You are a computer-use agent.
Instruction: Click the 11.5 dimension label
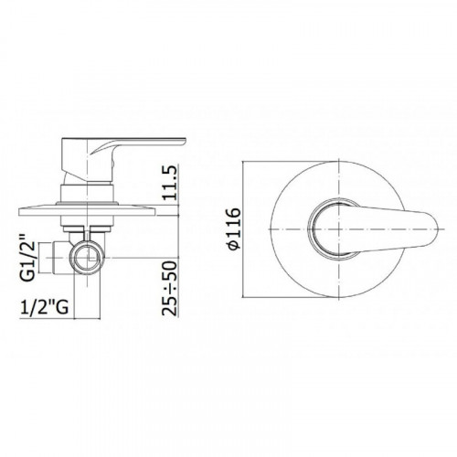pyautogui.click(x=170, y=183)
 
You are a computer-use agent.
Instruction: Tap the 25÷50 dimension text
pyautogui.click(x=170, y=288)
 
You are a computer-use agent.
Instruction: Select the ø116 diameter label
pyautogui.click(x=234, y=229)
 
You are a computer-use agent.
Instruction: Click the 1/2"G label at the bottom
pyautogui.click(x=44, y=307)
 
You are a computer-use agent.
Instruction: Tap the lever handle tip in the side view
pyautogui.click(x=184, y=141)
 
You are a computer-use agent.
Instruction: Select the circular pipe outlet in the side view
pyautogui.click(x=87, y=258)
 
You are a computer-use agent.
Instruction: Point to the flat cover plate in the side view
pyautogui.click(x=87, y=211)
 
